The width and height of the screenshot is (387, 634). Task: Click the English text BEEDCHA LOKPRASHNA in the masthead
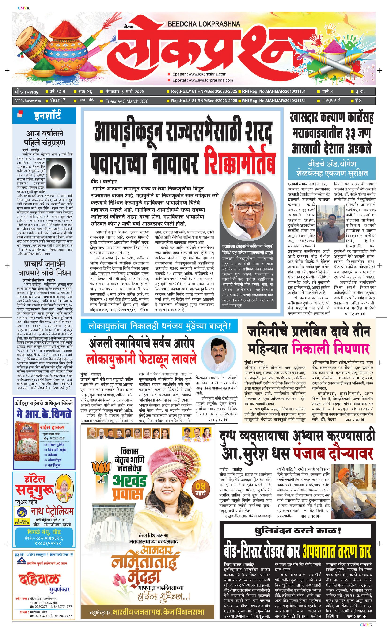pyautogui.click(x=204, y=24)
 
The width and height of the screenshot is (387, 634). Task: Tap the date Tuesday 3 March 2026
pyautogui.click(x=127, y=101)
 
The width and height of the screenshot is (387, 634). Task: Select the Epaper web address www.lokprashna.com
pyautogui.click(x=207, y=74)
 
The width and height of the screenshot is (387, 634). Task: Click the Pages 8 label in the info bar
pyautogui.click(x=331, y=100)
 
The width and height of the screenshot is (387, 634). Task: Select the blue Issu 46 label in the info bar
pyautogui.click(x=86, y=100)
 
